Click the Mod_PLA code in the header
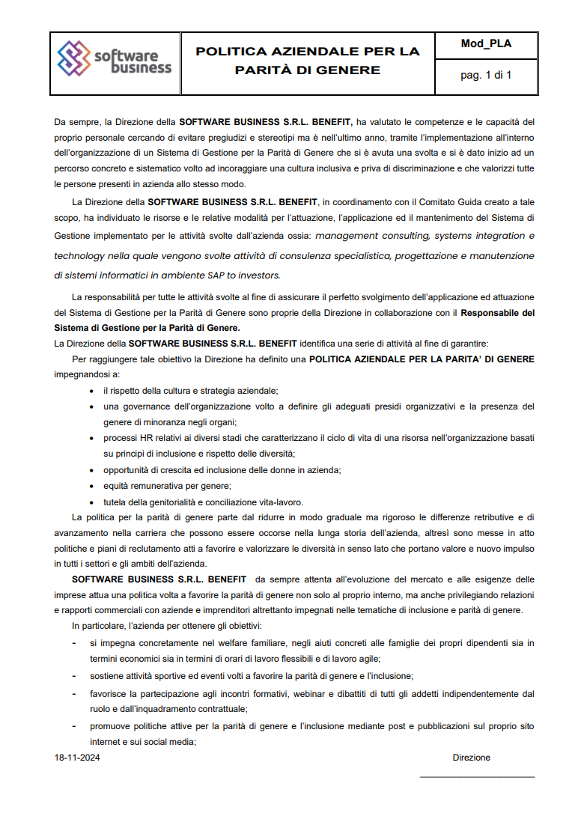pyautogui.click(x=486, y=43)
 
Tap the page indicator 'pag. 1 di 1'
pyautogui.click(x=486, y=75)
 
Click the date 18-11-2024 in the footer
pyautogui.click(x=77, y=758)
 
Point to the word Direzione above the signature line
pyautogui.click(x=471, y=758)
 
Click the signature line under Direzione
pyautogui.click(x=477, y=777)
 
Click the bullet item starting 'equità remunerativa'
pyautogui.click(x=145, y=486)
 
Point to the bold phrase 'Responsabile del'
pyautogui.click(x=497, y=312)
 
